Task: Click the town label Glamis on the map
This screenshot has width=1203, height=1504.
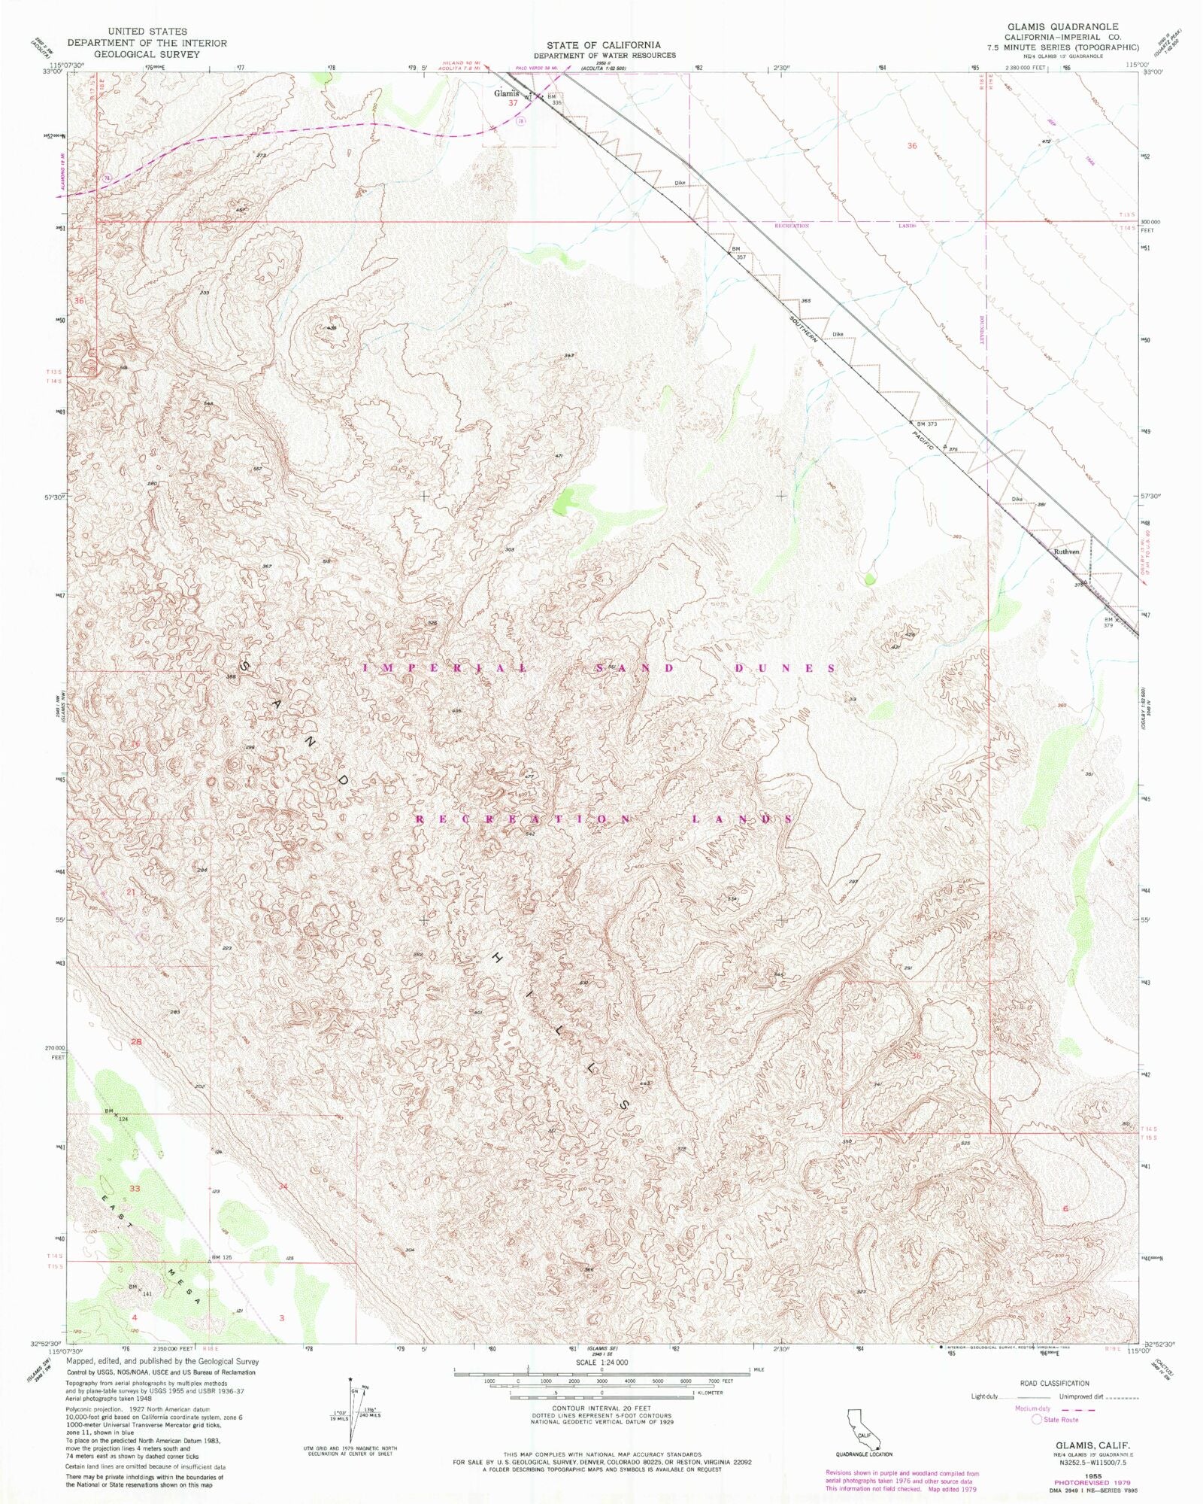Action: click(x=505, y=94)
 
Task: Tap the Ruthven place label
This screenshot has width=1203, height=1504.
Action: click(x=1066, y=551)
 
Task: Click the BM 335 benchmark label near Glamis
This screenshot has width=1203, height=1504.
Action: click(x=554, y=99)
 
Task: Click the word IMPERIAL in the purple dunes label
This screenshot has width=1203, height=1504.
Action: click(x=446, y=668)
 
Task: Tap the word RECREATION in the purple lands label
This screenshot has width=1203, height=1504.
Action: click(x=523, y=819)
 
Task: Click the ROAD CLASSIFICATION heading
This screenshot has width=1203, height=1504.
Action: click(x=1054, y=1383)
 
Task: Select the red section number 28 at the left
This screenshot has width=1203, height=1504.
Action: click(x=136, y=1042)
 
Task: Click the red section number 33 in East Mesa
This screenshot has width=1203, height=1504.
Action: click(x=135, y=1189)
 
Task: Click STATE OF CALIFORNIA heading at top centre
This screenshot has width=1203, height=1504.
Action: click(x=604, y=45)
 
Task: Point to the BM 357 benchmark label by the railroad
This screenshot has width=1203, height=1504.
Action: click(x=738, y=253)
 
